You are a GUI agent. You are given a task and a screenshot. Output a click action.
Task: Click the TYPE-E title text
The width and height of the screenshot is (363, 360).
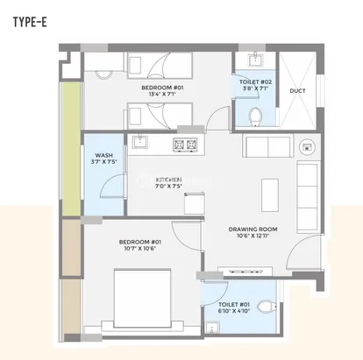30,22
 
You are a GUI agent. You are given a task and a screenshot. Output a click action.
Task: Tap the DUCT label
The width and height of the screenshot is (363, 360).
297,91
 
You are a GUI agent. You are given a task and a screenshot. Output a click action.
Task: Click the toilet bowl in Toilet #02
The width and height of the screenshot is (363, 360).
256,117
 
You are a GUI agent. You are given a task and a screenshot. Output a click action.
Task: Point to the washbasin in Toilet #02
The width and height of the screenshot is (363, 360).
256,60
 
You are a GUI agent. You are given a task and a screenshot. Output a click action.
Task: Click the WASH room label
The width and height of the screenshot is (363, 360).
103,155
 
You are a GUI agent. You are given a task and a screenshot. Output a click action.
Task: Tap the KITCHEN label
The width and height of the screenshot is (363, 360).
168,180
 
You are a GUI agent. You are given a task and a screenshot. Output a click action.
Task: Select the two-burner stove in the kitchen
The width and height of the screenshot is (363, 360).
185,145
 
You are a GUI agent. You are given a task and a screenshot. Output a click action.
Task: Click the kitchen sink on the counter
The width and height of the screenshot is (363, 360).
140,142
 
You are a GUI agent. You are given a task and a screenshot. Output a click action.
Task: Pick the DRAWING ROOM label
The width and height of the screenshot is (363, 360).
253,229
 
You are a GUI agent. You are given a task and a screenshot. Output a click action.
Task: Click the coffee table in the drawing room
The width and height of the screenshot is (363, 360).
270,195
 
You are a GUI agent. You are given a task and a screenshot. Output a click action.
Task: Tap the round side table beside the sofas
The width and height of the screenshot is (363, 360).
307,145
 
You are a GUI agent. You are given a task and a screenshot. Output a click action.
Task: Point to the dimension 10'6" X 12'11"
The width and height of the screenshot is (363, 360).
253,236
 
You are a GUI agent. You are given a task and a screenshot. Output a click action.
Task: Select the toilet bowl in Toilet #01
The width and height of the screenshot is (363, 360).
267,307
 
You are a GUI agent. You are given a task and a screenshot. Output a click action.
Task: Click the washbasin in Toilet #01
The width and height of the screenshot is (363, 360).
212,328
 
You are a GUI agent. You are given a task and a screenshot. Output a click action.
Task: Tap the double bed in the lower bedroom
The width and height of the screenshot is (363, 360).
142,299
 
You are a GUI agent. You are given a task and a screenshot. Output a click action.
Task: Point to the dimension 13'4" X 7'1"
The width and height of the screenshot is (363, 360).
162,94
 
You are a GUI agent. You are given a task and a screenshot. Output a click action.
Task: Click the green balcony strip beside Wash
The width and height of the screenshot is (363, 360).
72,149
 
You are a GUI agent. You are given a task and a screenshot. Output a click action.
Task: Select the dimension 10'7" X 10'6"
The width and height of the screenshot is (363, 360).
140,249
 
